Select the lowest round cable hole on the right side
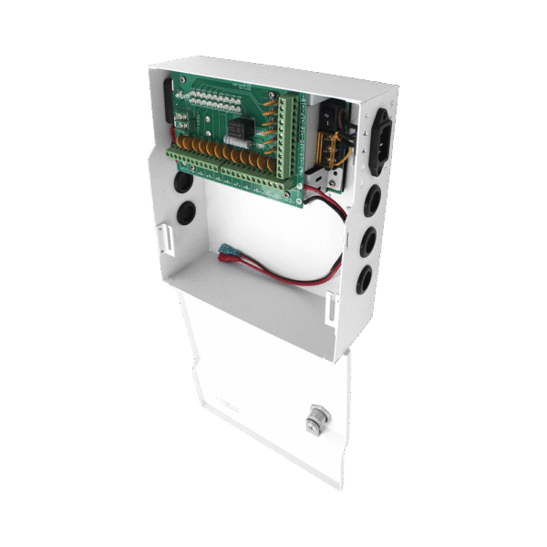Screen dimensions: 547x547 [x=364, y=279]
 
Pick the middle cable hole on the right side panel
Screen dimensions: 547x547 [x=368, y=241]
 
